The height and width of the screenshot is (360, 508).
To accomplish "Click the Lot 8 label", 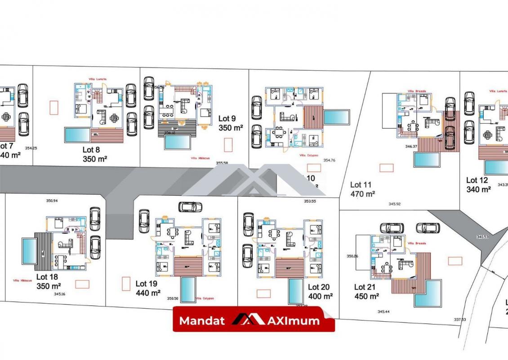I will [94, 150].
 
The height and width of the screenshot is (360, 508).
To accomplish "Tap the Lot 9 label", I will [227, 119].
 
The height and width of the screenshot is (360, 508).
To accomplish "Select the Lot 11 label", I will [361, 184].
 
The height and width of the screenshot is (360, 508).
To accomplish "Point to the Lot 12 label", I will [477, 180].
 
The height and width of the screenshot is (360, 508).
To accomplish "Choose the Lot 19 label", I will [147, 284].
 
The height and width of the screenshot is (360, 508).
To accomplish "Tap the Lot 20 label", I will [319, 287].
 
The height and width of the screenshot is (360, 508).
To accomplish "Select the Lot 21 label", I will [365, 287].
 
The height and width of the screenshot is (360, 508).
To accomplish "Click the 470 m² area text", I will [363, 194].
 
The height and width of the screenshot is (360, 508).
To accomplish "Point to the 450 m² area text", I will [367, 297].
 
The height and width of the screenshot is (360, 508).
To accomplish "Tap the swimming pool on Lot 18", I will [30, 251].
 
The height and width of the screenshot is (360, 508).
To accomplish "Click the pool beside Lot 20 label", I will [295, 292].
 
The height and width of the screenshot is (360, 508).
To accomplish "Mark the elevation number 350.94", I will [52, 201].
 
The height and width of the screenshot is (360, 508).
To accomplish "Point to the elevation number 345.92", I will [394, 204].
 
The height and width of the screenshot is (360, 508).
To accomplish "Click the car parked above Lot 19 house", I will [190, 207].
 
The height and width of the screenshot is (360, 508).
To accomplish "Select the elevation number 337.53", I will [459, 319].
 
